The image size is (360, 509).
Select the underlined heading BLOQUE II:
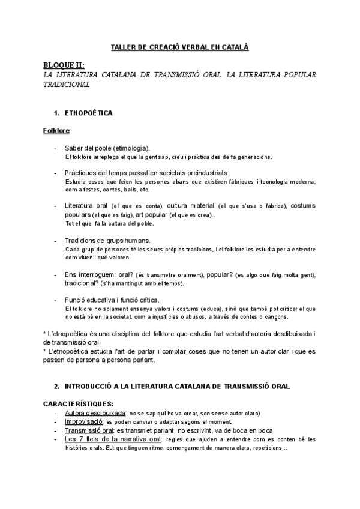point(64,65)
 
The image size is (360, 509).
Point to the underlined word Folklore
point(56,130)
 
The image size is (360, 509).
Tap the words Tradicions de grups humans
point(107,240)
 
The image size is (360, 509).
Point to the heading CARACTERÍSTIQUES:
point(78,404)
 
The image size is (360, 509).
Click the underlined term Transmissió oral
point(89,430)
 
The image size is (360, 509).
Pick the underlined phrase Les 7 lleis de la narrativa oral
point(113,439)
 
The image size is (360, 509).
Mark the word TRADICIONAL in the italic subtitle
point(67,85)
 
